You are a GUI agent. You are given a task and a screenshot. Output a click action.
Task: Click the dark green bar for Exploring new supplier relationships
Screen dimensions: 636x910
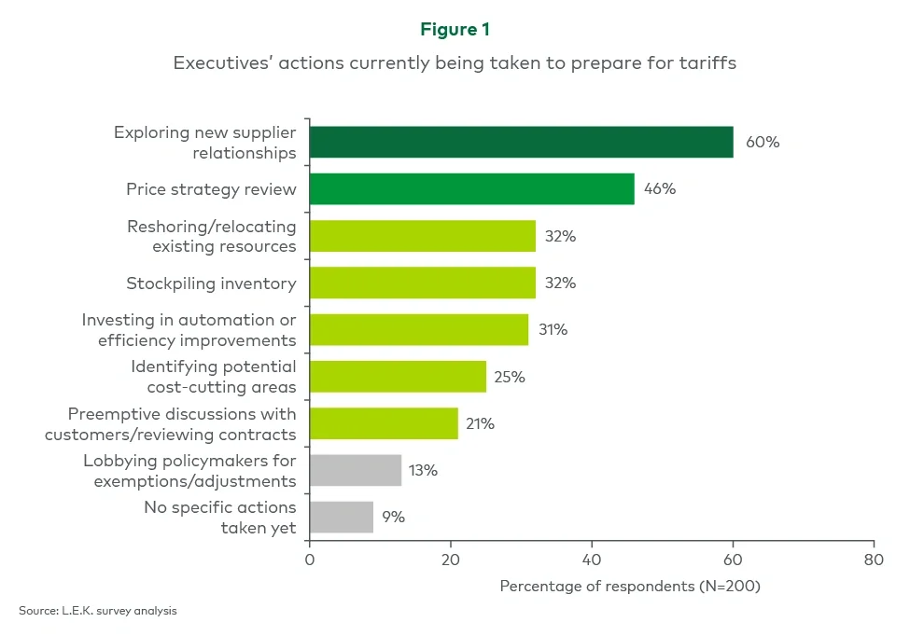[x=521, y=142]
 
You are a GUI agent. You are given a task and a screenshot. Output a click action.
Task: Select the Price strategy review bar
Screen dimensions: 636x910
[x=471, y=188]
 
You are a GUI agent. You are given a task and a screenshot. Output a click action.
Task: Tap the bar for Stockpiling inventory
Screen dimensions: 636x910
[x=422, y=283]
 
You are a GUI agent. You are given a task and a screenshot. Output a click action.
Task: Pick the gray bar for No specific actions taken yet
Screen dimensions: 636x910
[x=341, y=517]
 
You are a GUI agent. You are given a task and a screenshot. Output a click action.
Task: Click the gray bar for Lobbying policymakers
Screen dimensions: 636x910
[x=355, y=470]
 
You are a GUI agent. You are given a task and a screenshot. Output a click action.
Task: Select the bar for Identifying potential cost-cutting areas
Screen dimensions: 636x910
[x=398, y=376]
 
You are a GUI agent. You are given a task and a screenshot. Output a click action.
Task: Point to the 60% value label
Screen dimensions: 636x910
[x=762, y=143]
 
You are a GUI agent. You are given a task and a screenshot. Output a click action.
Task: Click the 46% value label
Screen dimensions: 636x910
[x=659, y=188]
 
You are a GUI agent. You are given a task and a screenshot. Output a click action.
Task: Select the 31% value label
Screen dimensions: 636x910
[x=552, y=329]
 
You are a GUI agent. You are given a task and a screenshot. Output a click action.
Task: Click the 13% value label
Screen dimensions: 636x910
[x=423, y=470]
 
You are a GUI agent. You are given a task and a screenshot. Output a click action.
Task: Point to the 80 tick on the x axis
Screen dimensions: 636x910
[x=873, y=560]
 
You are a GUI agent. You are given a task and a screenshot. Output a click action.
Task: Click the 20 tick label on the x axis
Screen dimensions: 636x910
[x=450, y=560]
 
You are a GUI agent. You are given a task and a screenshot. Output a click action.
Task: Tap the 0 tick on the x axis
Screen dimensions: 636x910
[x=309, y=560]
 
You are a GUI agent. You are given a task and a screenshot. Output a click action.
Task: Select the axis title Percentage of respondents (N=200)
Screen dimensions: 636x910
[x=631, y=587]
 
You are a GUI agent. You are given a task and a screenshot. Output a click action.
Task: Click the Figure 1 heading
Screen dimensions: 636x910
[x=455, y=30]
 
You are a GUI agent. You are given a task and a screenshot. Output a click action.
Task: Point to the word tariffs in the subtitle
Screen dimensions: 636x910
[x=712, y=64]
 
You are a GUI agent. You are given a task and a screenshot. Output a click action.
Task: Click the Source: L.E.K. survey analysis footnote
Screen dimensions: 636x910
[x=97, y=611]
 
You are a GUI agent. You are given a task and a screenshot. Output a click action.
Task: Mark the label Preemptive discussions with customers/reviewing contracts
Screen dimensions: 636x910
[x=182, y=423]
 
